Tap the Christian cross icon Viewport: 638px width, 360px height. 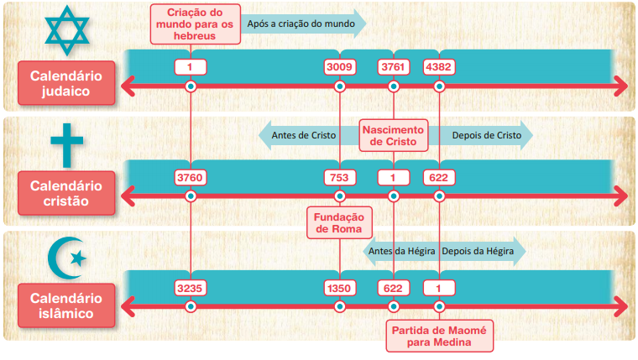[66, 145]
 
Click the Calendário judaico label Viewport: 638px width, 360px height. [66, 83]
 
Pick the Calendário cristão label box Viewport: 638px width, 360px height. [66, 193]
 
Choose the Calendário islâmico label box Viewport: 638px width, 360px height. [66, 305]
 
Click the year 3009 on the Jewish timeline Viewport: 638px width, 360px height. [339, 66]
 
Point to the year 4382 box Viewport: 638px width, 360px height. [438, 66]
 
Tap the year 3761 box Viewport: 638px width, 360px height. [393, 66]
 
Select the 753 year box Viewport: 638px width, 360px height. [339, 177]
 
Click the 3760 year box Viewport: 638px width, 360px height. [190, 177]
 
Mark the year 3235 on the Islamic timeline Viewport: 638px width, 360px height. [190, 288]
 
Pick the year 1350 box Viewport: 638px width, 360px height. [339, 288]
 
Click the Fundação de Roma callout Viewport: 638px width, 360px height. [339, 222]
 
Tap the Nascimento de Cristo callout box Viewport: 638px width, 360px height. [393, 135]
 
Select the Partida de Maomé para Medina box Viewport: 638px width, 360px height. [439, 336]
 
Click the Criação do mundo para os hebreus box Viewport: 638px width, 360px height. [195, 24]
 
